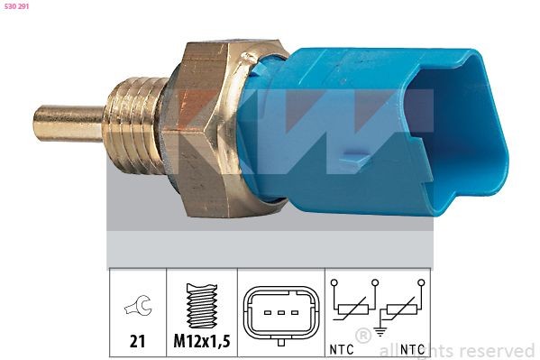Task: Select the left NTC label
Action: [x=342, y=349]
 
